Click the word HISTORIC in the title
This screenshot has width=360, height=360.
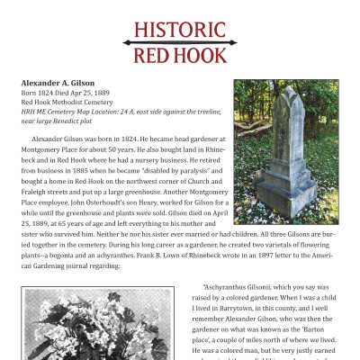coord(179,31)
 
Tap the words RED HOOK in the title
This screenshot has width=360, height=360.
coord(179,56)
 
